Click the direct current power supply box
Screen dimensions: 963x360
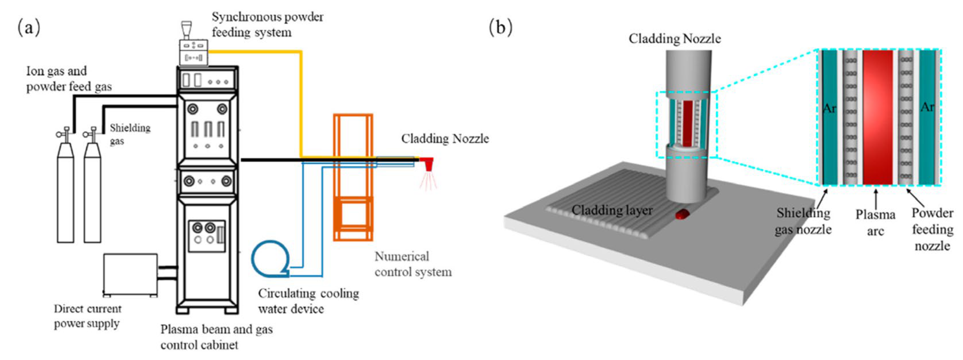point(130,275)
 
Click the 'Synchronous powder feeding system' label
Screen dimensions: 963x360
point(268,24)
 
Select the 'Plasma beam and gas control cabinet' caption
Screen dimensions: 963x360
point(216,337)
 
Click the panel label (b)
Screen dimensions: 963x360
point(501,27)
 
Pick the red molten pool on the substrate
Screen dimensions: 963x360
point(682,214)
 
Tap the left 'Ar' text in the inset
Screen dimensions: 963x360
point(830,108)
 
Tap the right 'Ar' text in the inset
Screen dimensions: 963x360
point(927,107)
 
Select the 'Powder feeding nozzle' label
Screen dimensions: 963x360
point(932,229)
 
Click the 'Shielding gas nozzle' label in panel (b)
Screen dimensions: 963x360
point(803,221)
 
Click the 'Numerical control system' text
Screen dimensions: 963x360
point(413,264)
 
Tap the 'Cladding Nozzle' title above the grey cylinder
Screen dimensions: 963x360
point(675,38)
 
